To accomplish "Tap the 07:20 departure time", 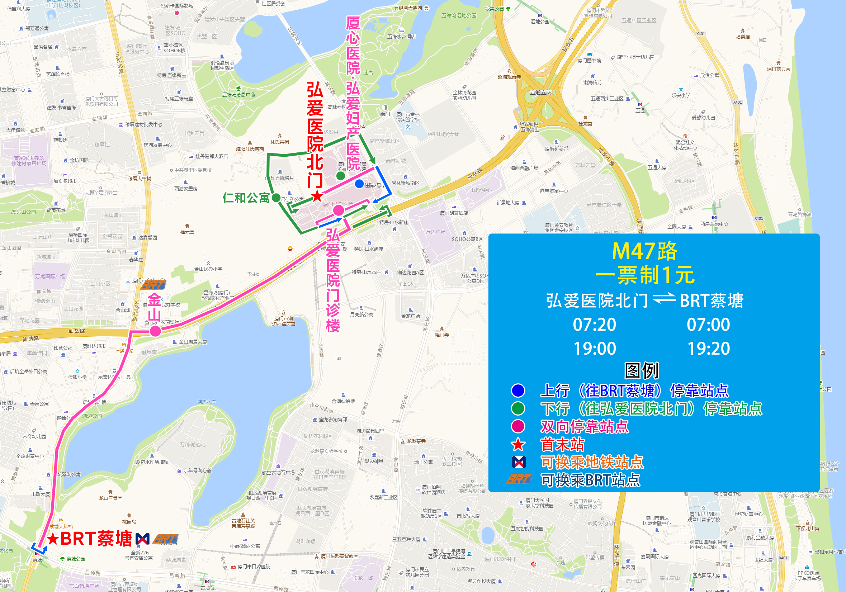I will coord(594,325).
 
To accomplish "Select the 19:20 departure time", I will coord(708,349).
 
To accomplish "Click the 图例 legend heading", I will coord(642,371).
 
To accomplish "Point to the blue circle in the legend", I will coord(518,390).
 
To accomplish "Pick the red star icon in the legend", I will coord(518,445).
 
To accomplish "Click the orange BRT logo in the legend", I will coord(519,479).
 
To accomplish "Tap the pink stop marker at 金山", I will coord(155,331).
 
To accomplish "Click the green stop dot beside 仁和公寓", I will coord(276,198).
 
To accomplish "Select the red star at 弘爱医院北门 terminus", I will coord(317,196).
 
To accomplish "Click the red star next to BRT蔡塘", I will coord(53,539).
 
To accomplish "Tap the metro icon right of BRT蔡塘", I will coord(143,539).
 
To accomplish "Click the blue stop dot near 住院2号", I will coord(359,184).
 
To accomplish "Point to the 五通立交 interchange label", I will coord(540,93).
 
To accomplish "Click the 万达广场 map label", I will coord(435,232).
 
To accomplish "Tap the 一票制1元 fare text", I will coord(645,275).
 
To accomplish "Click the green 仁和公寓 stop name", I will coord(246,198).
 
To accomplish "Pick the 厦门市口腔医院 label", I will coord(254,567).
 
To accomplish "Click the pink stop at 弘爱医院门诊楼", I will coord(339,210).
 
